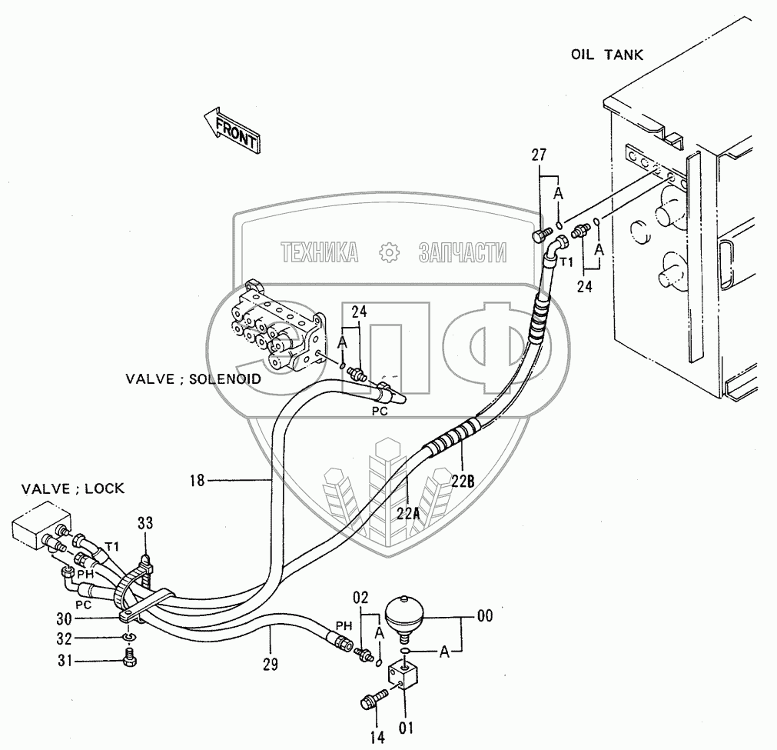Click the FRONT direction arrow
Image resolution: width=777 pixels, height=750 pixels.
tap(232, 128)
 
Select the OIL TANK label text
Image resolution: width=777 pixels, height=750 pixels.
tap(606, 55)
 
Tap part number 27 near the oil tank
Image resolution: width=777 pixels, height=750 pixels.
tap(539, 156)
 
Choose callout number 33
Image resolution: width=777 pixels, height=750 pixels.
tap(145, 524)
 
